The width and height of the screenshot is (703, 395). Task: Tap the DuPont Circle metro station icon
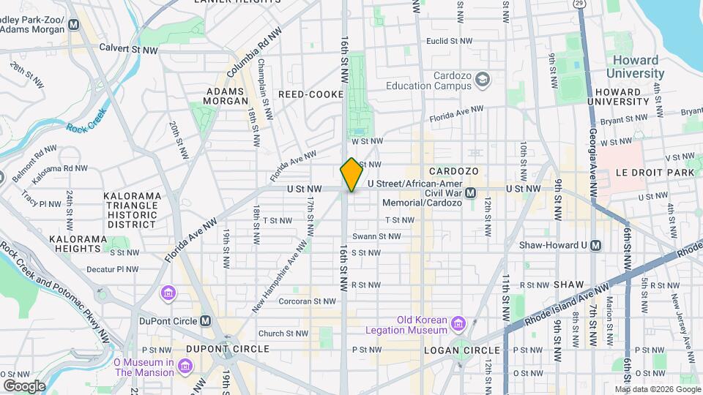click(205, 320)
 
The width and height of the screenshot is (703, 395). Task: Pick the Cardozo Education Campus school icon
click(482, 78)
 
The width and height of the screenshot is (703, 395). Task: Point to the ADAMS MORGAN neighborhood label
click(224, 96)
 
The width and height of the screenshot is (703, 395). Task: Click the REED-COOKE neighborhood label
click(306, 94)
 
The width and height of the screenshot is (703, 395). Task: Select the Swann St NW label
click(376, 236)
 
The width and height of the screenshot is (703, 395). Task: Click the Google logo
click(24, 385)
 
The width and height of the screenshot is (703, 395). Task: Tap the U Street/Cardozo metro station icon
click(471, 192)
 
